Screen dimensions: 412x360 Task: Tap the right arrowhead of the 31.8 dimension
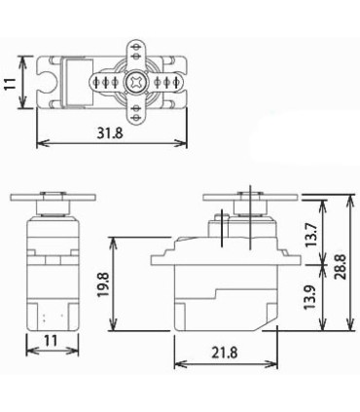(184, 144)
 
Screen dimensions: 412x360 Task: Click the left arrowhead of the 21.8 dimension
(177, 365)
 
